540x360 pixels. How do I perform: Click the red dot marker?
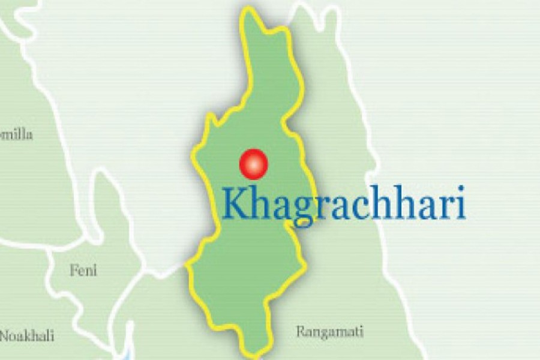[253, 163]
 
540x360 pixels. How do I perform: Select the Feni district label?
[83, 270]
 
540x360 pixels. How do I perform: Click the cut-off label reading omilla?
[16, 134]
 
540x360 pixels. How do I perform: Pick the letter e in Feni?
[82, 271]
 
